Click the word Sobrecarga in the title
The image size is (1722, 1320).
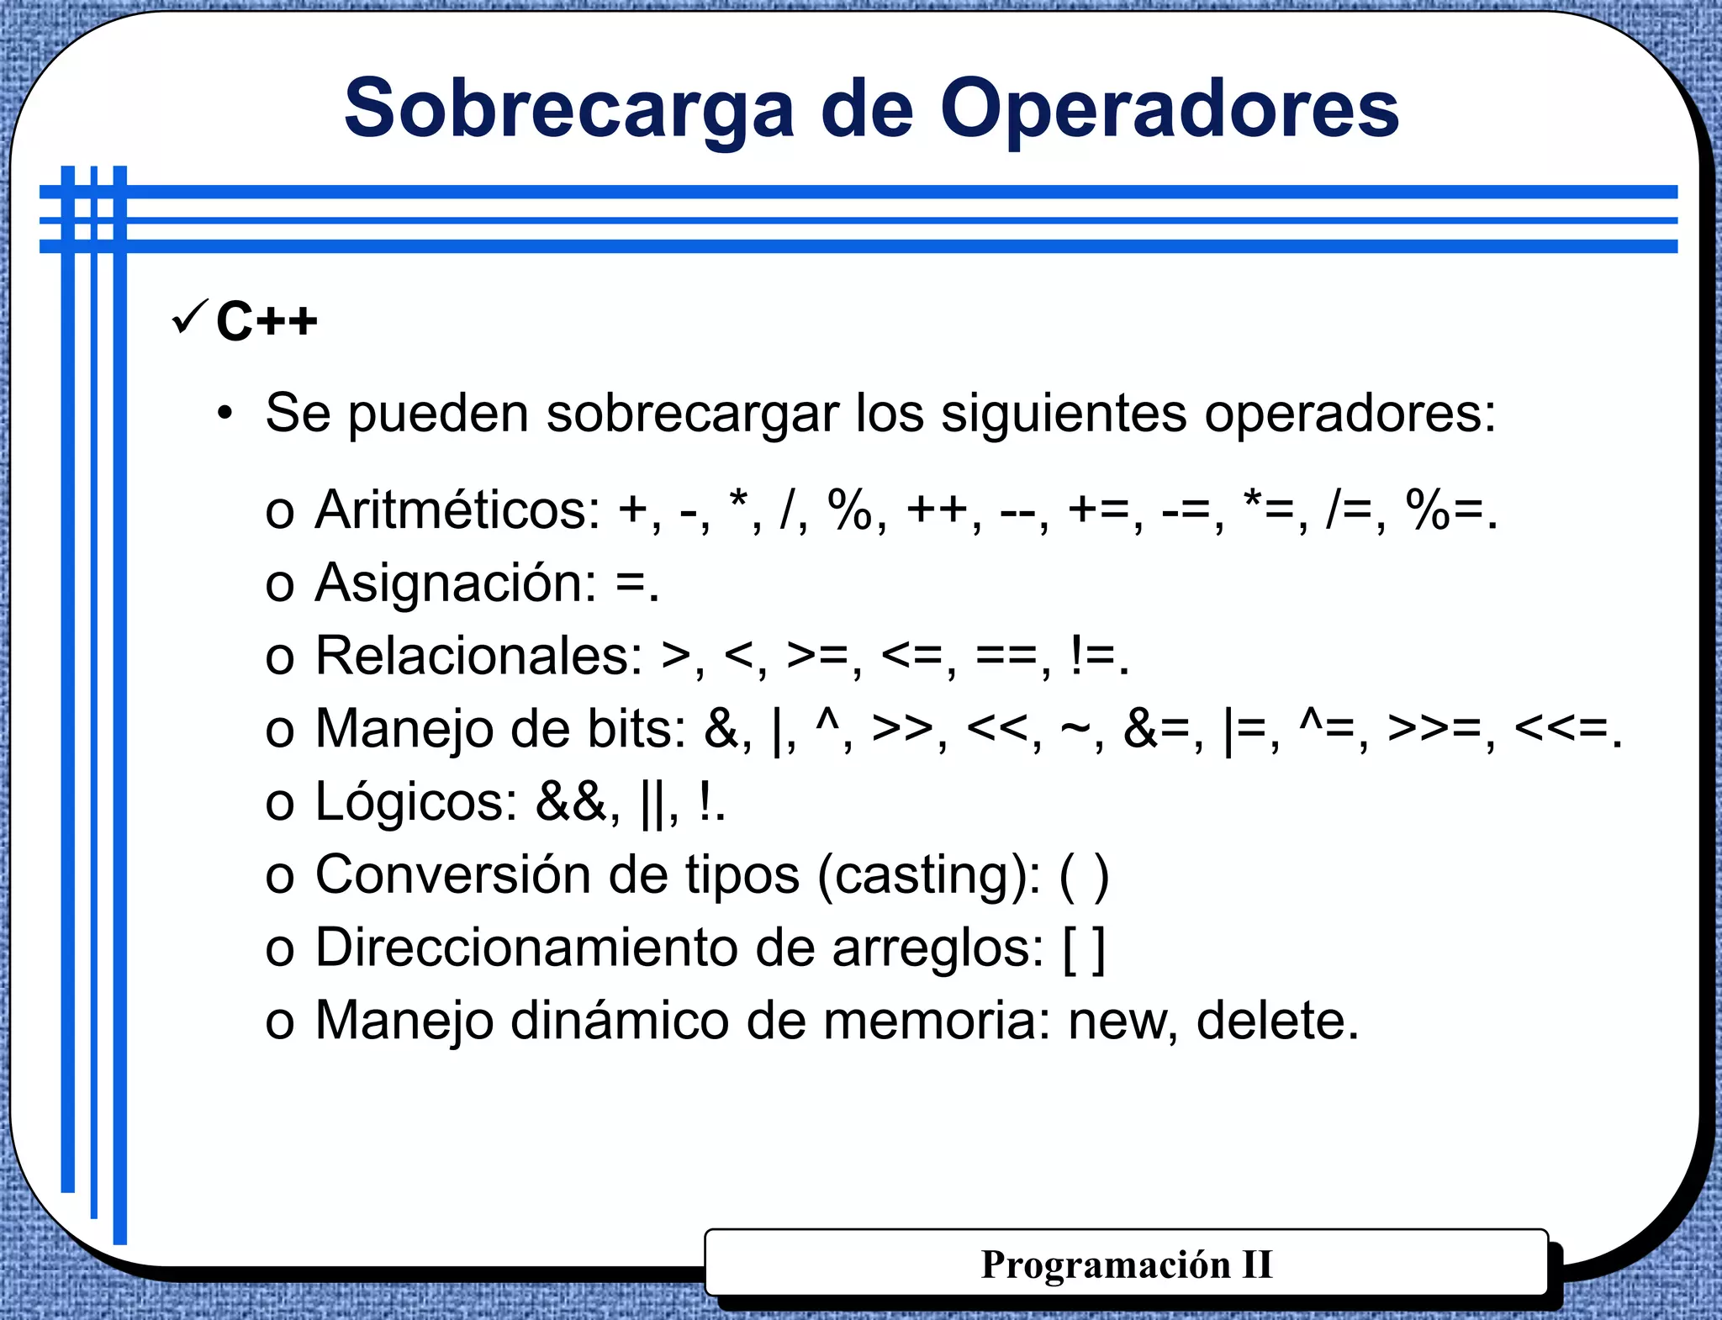(x=568, y=109)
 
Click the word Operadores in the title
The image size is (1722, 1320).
(x=1169, y=109)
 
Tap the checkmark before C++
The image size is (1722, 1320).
(x=189, y=317)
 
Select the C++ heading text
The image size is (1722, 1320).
(x=267, y=321)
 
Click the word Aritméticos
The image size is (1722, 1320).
(x=457, y=510)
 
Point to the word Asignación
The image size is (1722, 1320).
(x=455, y=583)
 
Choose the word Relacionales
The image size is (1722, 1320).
(x=478, y=655)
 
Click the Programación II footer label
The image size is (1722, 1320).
(x=1126, y=1264)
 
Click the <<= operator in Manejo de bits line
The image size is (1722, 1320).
(x=1561, y=728)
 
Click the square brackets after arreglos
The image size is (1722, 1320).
(x=1084, y=948)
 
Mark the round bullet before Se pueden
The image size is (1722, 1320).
(x=224, y=414)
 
